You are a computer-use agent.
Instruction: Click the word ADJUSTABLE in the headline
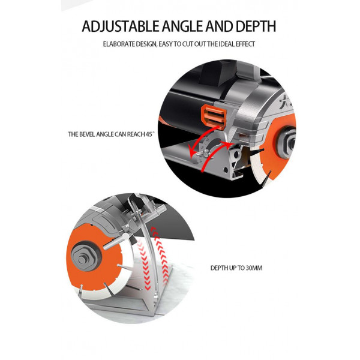click(121, 26)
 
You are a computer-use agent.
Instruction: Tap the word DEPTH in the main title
click(256, 26)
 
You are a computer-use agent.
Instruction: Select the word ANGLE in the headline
click(182, 26)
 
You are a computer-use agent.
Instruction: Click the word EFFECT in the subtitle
click(245, 44)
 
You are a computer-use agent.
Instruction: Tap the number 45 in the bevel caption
click(149, 134)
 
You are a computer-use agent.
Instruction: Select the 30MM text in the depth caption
click(254, 268)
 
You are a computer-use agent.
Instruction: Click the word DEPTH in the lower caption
click(219, 268)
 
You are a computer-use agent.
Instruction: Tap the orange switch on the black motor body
click(214, 116)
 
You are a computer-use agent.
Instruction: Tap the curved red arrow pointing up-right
click(214, 156)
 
